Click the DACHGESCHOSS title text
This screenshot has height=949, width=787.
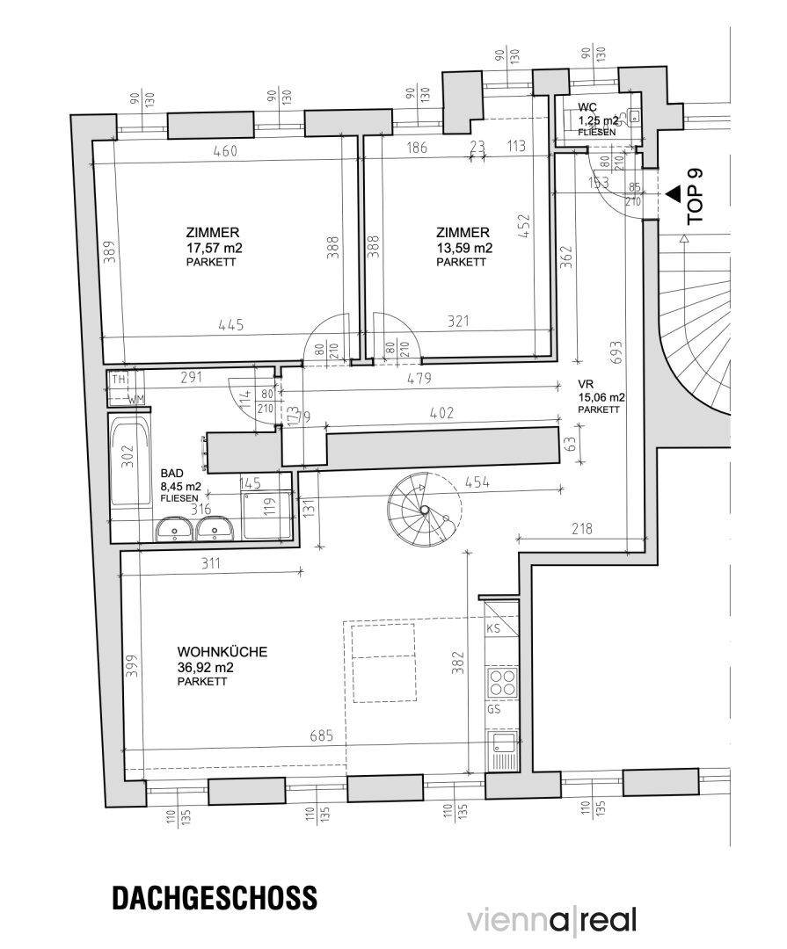[x=215, y=899]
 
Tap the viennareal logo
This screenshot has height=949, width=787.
[x=551, y=920]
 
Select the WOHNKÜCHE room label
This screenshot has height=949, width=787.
[x=222, y=653]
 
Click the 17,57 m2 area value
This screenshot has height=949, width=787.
[x=214, y=248]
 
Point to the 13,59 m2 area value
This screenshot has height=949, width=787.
[x=463, y=248]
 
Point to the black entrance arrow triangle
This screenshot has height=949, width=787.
[x=673, y=192]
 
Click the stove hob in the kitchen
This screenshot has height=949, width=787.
[x=501, y=681]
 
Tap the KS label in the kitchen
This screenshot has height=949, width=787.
[x=493, y=629]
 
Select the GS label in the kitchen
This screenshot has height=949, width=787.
[x=493, y=708]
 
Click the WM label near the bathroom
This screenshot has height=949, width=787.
[x=136, y=401]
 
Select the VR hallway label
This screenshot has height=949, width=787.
[x=585, y=384]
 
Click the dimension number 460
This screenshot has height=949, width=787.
[x=226, y=150]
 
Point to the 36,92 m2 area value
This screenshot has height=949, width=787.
[x=205, y=667]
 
